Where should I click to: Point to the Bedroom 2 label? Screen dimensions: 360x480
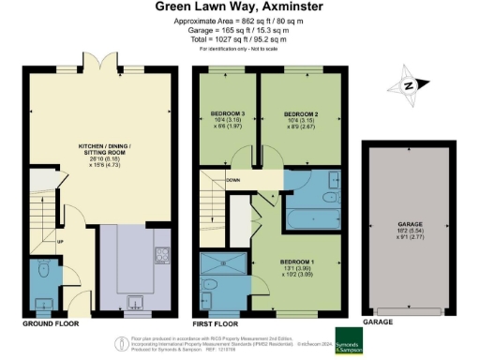point(303,119)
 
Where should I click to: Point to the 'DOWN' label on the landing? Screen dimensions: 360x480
point(233,180)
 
